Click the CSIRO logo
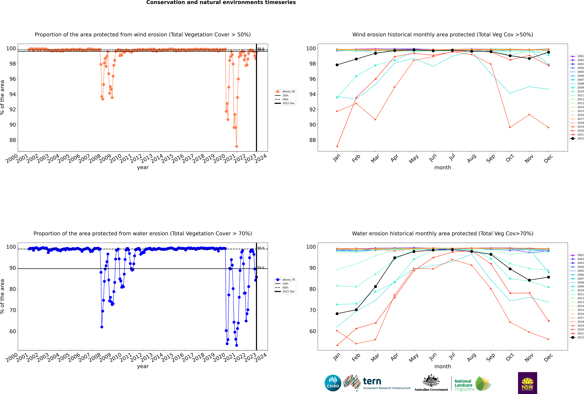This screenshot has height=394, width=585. click(333, 383)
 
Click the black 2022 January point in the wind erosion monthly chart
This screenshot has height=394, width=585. click(337, 65)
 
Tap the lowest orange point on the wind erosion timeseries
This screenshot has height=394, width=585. click(236, 146)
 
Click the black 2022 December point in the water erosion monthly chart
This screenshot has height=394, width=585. click(549, 277)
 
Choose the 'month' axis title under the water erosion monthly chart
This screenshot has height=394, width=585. click(443, 366)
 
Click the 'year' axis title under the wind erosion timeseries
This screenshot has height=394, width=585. click(143, 167)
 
